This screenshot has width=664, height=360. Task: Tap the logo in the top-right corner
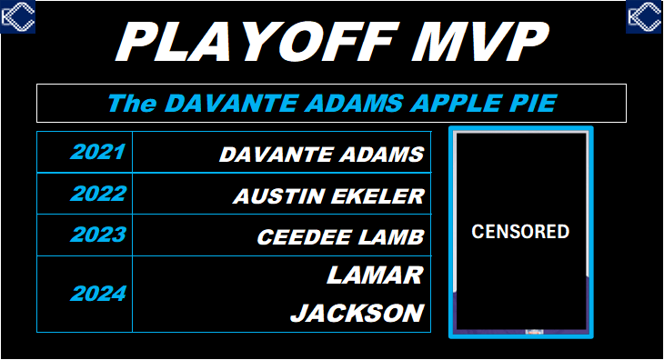click(644, 16)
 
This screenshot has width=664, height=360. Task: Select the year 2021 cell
click(96, 152)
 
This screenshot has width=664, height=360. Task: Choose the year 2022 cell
click(96, 194)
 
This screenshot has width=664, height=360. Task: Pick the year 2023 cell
click(96, 235)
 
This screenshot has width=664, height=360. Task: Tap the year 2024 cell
click(96, 294)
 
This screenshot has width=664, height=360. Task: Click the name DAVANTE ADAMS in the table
click(321, 155)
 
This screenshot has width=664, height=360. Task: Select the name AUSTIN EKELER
click(328, 196)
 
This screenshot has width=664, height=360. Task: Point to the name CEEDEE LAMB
click(340, 237)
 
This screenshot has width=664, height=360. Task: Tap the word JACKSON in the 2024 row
click(357, 314)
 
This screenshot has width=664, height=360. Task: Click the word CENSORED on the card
click(520, 231)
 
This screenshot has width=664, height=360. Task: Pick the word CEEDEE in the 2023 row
click(297, 237)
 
